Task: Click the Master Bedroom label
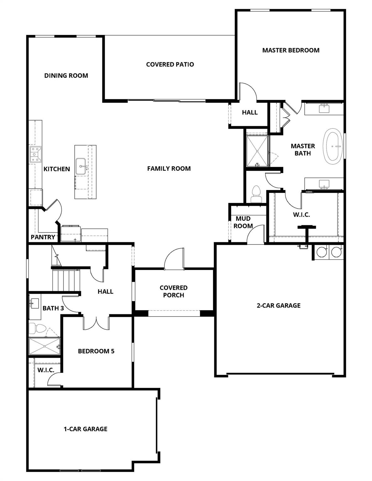(x=291, y=50)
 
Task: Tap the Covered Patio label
(x=170, y=64)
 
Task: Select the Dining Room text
(x=66, y=75)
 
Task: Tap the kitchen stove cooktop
(x=35, y=155)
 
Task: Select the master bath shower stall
(x=257, y=151)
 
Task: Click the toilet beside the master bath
(x=256, y=194)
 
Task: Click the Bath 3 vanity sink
(x=34, y=303)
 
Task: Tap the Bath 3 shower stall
(x=44, y=346)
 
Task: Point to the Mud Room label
(x=243, y=222)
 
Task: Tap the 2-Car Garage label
(x=278, y=305)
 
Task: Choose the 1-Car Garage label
(x=86, y=429)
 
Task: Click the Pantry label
(x=43, y=237)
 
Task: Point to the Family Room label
(x=169, y=168)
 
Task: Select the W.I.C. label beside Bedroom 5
(x=46, y=370)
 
